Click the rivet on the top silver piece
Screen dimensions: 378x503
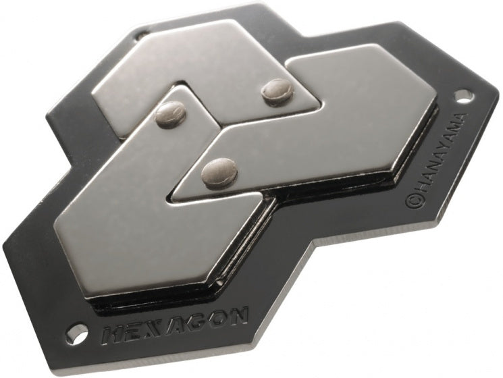point(277,91)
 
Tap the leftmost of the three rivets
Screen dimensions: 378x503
point(171,113)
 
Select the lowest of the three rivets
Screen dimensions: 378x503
point(219,172)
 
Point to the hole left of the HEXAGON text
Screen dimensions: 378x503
point(77,333)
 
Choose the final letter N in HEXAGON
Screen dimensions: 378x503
point(238,314)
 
